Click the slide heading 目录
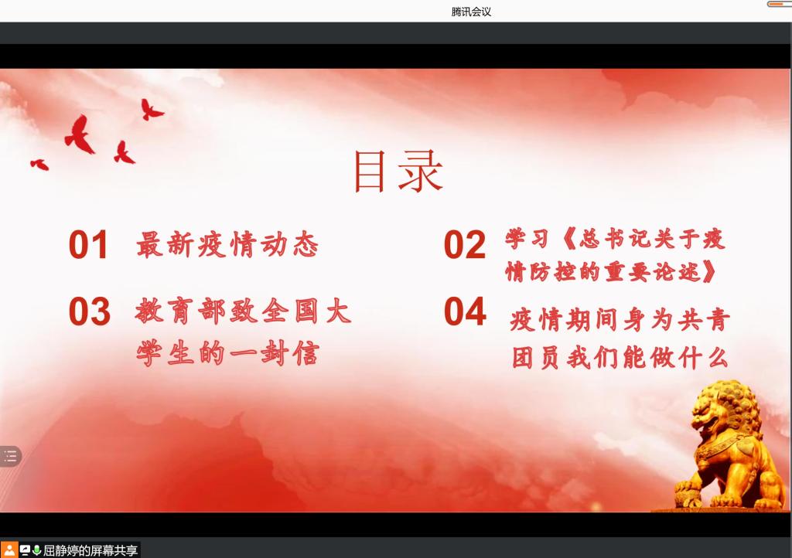tap(398, 172)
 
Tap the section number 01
tap(88, 245)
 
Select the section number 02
tap(465, 245)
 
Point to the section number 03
tap(90, 311)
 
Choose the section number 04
tap(465, 311)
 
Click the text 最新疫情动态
tap(227, 245)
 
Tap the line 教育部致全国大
tap(243, 311)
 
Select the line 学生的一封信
tap(228, 352)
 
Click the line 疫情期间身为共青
tap(620, 319)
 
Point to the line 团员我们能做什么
tap(620, 358)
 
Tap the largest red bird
tap(80, 134)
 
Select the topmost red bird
tap(151, 110)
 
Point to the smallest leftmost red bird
tap(40, 165)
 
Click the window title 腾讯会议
tap(471, 12)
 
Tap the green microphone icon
tap(36, 550)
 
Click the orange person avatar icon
tap(9, 550)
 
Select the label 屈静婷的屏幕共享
tap(90, 550)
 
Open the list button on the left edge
tap(10, 457)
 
